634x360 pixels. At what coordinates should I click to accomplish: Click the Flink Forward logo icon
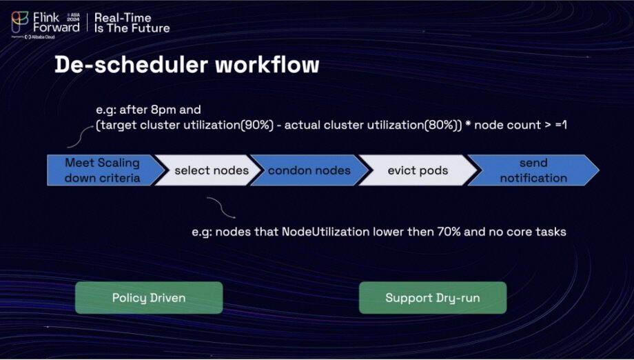(19, 21)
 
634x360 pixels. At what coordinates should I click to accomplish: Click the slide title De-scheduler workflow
(187, 65)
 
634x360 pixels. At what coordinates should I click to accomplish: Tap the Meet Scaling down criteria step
(102, 170)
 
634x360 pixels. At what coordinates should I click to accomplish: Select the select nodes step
(211, 170)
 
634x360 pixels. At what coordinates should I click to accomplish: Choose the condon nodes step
(309, 170)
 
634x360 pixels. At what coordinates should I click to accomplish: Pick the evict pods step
(418, 170)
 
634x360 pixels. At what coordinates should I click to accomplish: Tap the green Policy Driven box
(149, 298)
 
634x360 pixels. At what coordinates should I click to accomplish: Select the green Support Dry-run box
(433, 298)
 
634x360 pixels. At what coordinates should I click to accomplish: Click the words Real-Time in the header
(123, 17)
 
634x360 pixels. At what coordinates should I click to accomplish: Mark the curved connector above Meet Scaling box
(78, 139)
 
